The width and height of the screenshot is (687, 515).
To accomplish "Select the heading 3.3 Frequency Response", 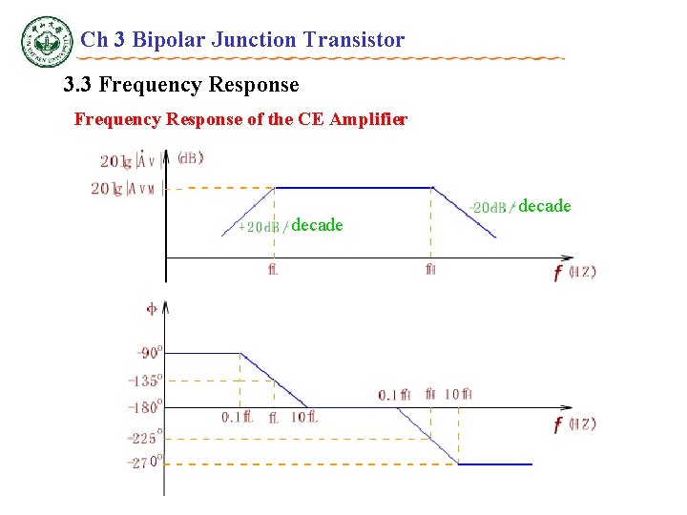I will coord(180,85).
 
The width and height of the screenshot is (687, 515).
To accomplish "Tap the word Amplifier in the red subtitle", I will coord(367,120).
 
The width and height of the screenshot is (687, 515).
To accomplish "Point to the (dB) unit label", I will coord(190,158).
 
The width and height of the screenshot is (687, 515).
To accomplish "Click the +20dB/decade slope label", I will coord(290,225).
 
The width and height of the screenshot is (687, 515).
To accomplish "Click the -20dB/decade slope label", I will coord(521,206).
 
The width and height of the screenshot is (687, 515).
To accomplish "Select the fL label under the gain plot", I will coord(273,269).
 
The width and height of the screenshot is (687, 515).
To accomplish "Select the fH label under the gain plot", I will coord(431,269).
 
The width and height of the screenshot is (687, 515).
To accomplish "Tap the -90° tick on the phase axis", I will coord(150,353).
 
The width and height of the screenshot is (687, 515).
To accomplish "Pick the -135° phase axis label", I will coord(146,381).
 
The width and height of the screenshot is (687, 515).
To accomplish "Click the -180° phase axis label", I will coord(146,407).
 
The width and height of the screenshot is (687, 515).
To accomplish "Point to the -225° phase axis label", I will coord(146,439).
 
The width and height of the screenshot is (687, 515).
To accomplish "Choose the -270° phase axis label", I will coord(146,463).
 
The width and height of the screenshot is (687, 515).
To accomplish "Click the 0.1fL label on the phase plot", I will coord(237,418).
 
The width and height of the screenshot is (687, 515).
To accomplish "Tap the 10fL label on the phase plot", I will coord(304,418).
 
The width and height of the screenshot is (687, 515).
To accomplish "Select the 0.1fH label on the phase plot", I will coord(394,394).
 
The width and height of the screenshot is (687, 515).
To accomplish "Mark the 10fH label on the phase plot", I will coord(459,394).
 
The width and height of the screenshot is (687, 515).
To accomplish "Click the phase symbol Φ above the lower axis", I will coord(151,308).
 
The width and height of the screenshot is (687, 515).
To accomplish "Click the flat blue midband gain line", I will coord(353,188).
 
